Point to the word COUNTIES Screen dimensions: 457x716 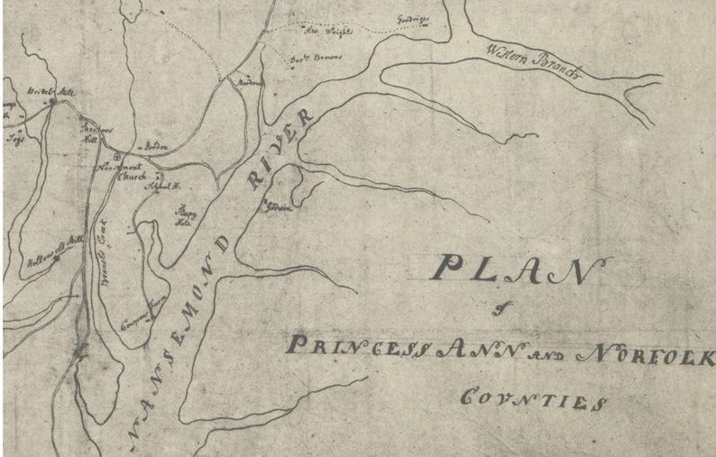coord(532,398)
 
